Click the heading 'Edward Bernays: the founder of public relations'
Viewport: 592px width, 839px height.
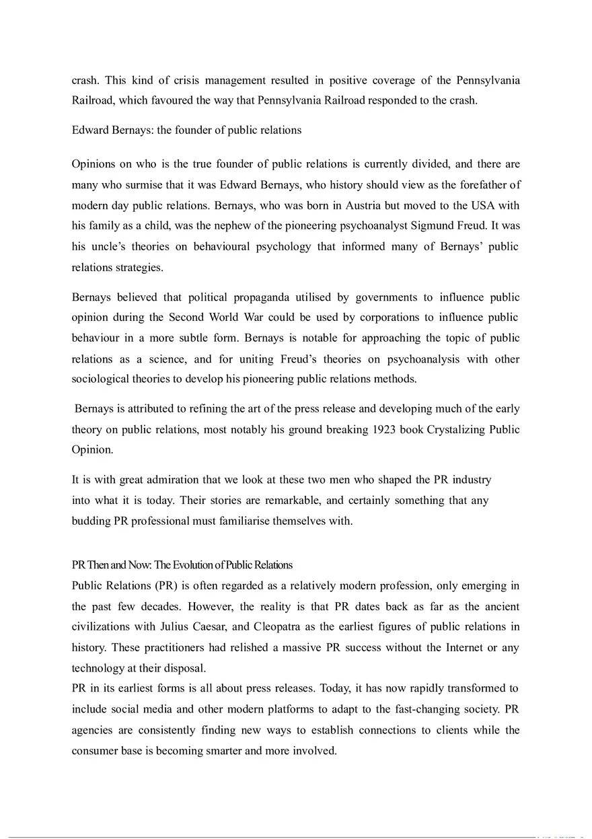[x=186, y=131]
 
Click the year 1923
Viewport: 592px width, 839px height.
[x=385, y=429]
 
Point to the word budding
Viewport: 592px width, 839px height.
[x=90, y=521]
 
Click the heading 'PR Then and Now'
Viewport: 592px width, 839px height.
[x=182, y=564]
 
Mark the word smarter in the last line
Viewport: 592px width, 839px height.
[x=222, y=751]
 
